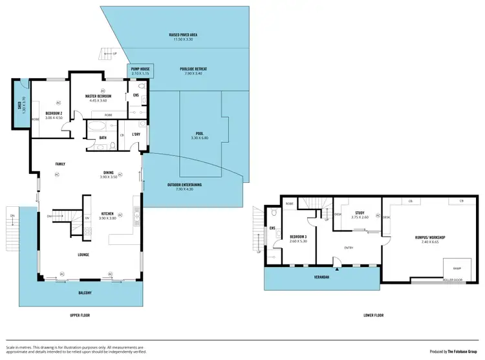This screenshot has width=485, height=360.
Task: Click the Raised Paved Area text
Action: [183, 36]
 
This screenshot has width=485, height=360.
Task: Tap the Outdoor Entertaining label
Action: [184, 185]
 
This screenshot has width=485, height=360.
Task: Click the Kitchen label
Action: [108, 214]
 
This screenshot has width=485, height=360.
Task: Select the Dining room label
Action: [109, 173]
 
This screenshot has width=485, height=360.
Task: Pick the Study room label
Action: [361, 213]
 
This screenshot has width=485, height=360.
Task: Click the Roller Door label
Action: [453, 281]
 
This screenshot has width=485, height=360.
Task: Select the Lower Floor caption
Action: [373, 315]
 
